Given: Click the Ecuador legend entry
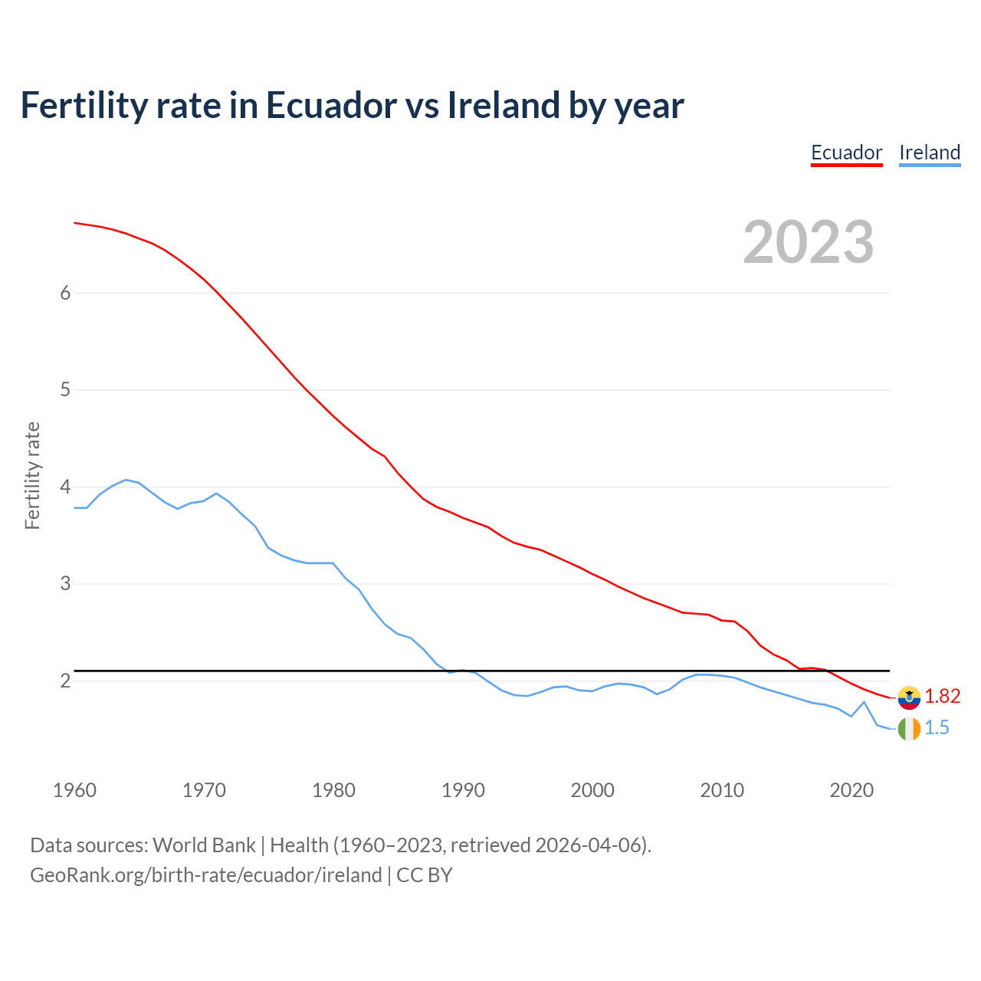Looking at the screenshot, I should coord(846,153).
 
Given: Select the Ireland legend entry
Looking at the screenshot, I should coord(930,153).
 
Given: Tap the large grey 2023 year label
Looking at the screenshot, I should coord(809,242).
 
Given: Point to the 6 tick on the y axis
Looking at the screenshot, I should coord(65,293).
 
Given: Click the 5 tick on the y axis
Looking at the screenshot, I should coord(65,390).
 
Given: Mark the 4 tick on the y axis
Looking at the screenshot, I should coord(65,487).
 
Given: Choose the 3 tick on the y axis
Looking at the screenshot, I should coord(65,584).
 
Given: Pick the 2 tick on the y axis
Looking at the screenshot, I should coord(65,681).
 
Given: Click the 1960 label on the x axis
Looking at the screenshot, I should coord(74,790).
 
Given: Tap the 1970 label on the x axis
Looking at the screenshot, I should coord(204,790).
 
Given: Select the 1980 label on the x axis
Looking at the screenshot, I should coord(333,790).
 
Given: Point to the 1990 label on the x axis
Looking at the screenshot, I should coord(463,790).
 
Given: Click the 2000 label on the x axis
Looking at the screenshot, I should coord(592,790).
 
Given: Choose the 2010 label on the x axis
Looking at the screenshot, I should coord(722,790).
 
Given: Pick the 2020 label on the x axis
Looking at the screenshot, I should coord(851,790).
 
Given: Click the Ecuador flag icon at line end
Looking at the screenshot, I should coord(909,697).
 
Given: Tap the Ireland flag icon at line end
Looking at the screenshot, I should coord(909,729).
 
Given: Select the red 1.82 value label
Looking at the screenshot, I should coord(942,696).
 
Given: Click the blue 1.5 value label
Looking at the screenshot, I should coord(937,728).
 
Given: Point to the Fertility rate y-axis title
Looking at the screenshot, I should coord(32,475).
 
